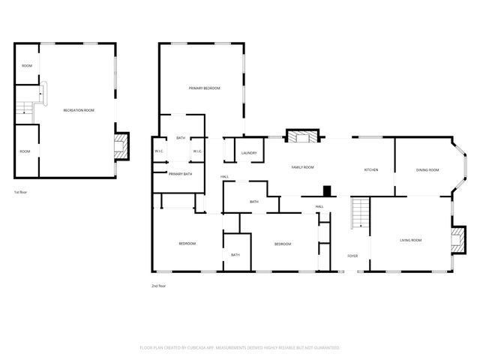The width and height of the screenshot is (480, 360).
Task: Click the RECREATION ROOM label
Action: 79,110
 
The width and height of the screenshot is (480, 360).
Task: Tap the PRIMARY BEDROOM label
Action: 204,88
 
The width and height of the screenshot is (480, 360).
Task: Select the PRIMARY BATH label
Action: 180,174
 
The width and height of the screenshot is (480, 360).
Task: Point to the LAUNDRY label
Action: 249,154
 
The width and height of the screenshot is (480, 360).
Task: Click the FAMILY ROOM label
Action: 302,167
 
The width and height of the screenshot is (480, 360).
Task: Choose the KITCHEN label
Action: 370,170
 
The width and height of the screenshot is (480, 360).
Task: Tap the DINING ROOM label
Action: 427,170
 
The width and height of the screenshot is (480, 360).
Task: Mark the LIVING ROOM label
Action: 410,240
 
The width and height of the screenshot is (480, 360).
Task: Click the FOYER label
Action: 352,256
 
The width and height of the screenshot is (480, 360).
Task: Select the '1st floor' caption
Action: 21,193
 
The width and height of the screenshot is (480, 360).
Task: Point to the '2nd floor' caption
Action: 158,286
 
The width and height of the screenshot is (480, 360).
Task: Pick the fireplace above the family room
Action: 303,136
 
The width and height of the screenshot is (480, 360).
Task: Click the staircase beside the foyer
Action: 361,213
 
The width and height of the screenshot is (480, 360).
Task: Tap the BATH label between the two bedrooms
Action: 235,255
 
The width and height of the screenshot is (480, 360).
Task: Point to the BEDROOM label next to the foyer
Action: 282,244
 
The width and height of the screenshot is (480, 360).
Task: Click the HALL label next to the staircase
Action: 319,206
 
